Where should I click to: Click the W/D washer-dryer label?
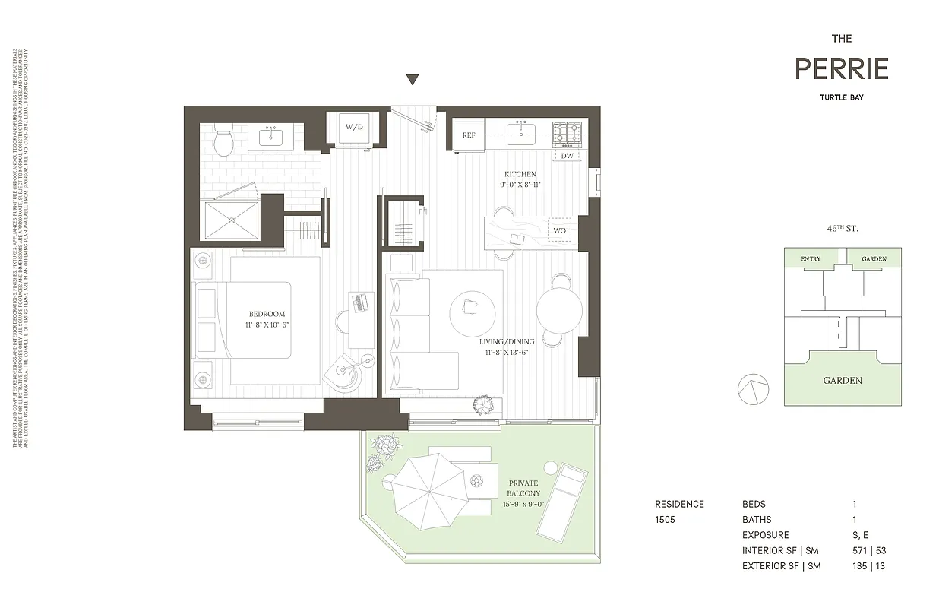tap(353, 127)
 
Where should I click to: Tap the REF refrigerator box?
tap(469, 135)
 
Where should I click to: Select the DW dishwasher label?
tap(568, 156)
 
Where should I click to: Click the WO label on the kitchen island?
tap(559, 230)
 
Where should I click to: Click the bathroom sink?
tap(271, 138)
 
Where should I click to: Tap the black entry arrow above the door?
tap(413, 80)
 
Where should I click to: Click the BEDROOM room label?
tap(267, 314)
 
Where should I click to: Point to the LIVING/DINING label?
tap(507, 342)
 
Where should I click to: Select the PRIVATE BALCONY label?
tap(523, 488)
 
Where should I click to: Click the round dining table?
tap(559, 310)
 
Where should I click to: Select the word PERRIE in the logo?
tap(842, 69)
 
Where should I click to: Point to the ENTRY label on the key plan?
tap(811, 259)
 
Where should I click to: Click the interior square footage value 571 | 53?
tap(869, 550)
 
